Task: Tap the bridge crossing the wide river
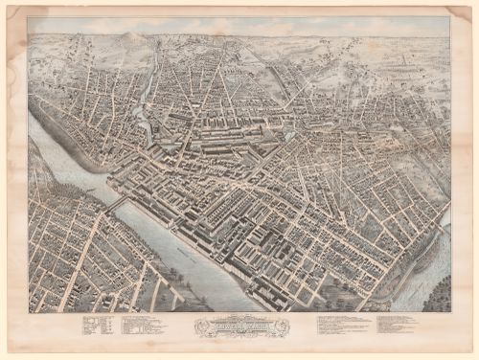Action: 116,204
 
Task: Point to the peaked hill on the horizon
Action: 132,38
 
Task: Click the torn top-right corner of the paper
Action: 468,10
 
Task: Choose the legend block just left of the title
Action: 144,326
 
